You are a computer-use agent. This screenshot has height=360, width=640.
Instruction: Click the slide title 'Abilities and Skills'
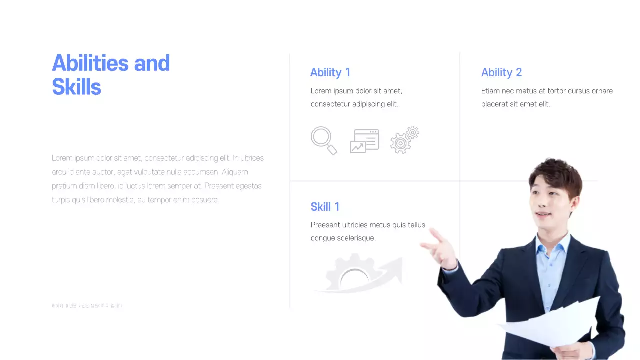111,75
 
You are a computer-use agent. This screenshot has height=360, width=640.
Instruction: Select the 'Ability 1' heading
330,72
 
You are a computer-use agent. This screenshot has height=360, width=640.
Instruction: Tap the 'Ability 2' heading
501,72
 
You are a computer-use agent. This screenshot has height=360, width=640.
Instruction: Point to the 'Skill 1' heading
325,207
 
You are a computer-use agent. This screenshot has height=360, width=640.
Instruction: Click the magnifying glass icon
323,140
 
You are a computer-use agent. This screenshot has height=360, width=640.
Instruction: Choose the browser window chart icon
364,141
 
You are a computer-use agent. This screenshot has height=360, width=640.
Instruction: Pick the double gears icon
404,140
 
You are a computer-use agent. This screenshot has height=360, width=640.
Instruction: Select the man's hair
555,172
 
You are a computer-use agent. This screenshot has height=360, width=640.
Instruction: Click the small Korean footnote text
87,306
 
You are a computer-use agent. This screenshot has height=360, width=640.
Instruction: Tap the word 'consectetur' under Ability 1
330,104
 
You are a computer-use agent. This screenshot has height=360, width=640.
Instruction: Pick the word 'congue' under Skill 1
323,238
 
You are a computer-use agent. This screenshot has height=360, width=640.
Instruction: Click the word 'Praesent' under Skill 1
325,225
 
